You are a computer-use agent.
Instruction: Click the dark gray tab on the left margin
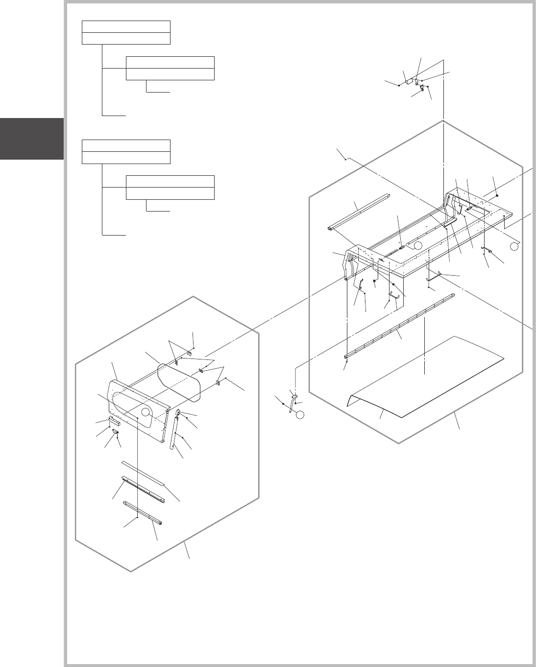click(32, 139)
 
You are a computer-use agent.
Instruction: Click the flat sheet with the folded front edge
click(426, 377)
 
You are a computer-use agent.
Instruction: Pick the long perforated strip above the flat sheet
click(399, 326)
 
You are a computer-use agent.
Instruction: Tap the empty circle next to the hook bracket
click(300, 415)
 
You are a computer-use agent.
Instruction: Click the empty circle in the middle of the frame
click(416, 245)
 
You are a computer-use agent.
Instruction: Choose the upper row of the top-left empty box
click(126, 27)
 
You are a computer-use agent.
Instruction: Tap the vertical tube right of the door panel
click(173, 433)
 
